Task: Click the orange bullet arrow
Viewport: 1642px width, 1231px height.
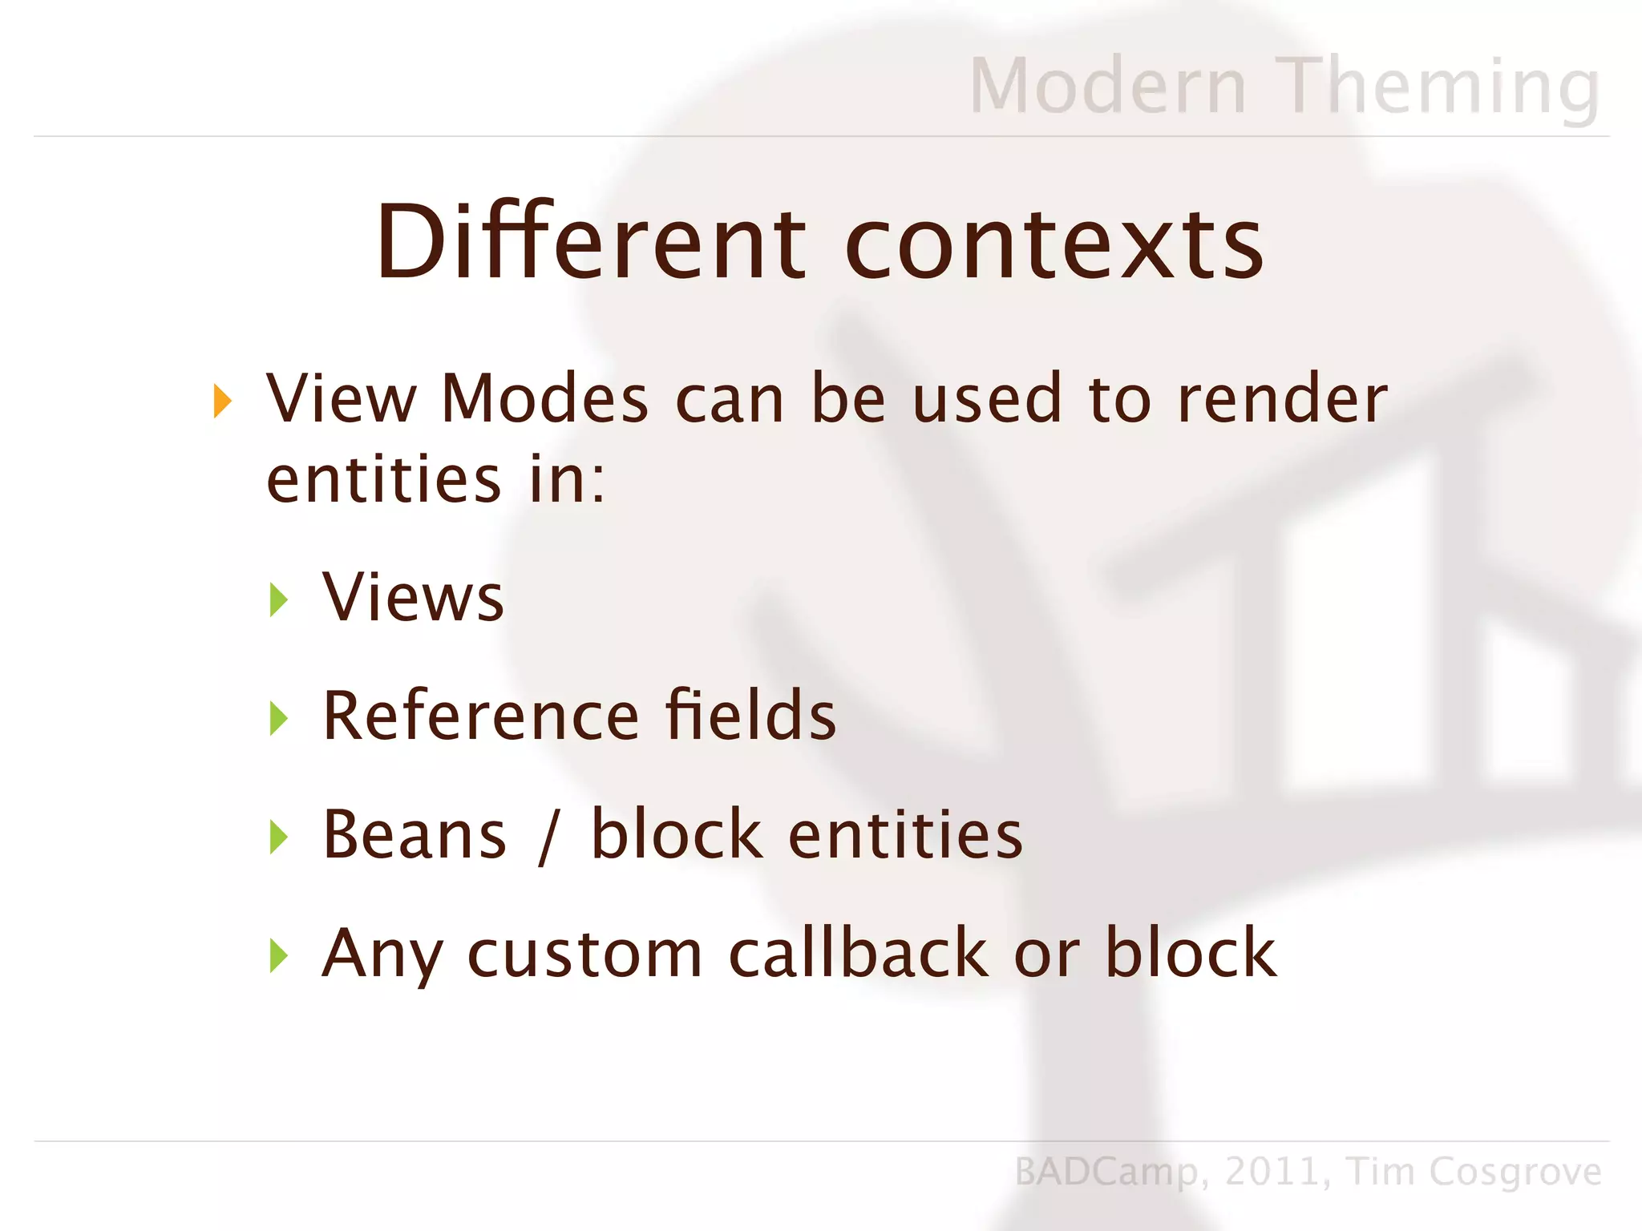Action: point(223,401)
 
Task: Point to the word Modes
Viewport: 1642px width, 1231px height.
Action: point(544,398)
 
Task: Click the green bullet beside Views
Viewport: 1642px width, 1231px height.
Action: point(279,599)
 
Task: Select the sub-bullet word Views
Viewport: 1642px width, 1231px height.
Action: point(413,596)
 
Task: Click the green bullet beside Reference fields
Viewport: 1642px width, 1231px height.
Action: point(279,718)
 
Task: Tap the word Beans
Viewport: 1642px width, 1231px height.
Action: point(415,834)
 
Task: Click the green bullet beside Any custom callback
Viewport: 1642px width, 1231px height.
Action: point(279,955)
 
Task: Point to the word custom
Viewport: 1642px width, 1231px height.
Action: point(584,954)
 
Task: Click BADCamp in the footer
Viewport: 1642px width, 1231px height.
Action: point(1106,1172)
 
